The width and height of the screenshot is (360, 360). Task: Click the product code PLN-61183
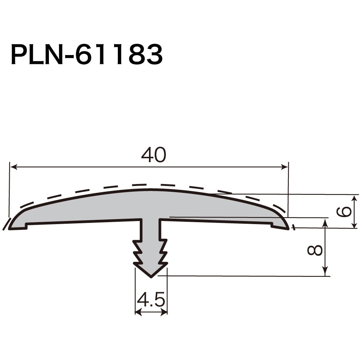pyautogui.click(x=87, y=55)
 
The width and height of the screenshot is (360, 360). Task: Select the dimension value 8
pyautogui.click(x=315, y=251)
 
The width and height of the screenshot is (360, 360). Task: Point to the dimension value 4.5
pyautogui.click(x=151, y=300)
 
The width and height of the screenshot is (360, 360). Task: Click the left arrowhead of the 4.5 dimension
pyautogui.click(x=138, y=312)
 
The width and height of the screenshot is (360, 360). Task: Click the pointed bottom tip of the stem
pyautogui.click(x=151, y=276)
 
